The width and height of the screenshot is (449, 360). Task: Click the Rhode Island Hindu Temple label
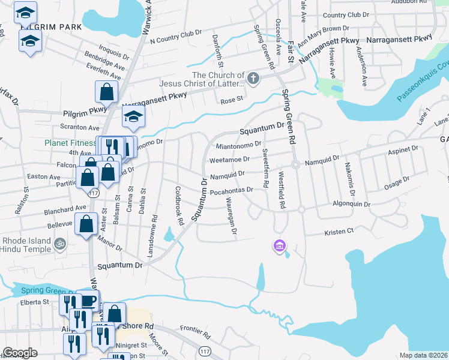pos(25,245)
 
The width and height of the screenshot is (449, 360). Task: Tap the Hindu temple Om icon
pos(59,244)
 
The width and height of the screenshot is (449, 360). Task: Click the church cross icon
pos(253,77)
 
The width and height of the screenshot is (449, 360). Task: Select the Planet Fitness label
pos(70,143)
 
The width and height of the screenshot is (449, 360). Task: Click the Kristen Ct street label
pos(339,232)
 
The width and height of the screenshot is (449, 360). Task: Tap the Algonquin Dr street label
pos(352,204)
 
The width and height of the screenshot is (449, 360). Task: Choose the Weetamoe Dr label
pos(229,160)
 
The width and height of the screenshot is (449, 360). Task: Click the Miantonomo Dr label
pos(238,145)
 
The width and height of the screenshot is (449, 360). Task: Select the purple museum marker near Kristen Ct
pos(279,245)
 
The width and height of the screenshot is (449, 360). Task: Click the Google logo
pos(20,353)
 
